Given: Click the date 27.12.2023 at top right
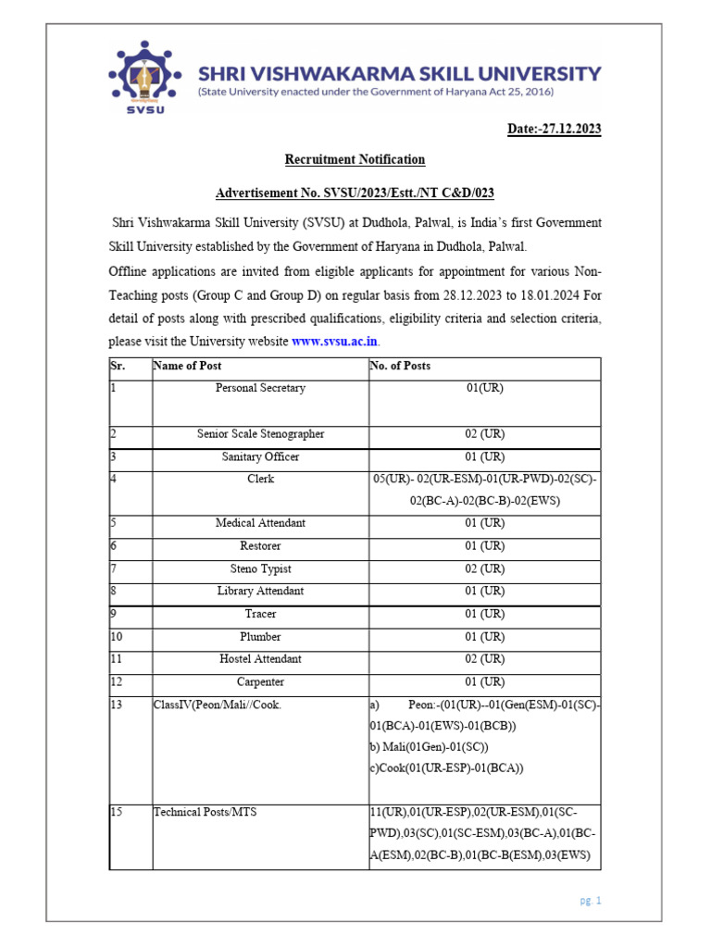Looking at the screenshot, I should [554, 129].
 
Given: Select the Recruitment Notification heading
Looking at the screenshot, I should [355, 159].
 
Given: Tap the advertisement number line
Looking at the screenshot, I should [355, 193].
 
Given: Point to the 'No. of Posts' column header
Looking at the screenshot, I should [400, 366].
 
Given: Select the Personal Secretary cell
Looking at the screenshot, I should [260, 388].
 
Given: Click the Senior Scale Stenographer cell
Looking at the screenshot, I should [260, 433].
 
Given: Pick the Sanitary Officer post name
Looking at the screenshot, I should [260, 456].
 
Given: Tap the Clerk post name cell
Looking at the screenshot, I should [260, 479].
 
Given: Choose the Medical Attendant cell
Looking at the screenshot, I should [260, 523].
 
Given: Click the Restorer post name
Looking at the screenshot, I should [260, 546].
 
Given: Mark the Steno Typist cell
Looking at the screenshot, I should [260, 568].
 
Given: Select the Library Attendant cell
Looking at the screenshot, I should [260, 591].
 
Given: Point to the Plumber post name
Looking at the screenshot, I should [260, 637].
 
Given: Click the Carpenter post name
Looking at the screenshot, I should [260, 682].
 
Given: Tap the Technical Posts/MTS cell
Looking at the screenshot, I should [206, 812].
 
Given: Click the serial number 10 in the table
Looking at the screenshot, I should [117, 637].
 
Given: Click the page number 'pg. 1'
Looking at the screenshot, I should [589, 900].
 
